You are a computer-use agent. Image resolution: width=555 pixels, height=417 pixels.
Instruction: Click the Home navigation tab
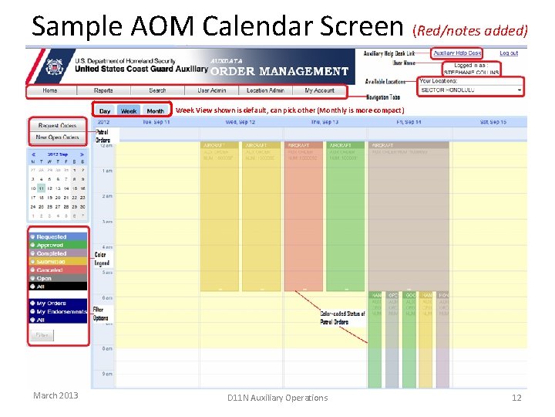[50, 90]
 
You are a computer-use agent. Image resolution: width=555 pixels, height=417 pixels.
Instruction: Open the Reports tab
[103, 90]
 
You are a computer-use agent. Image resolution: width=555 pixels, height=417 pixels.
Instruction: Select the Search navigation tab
[157, 90]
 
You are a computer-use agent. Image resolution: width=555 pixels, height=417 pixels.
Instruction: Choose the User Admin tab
[211, 90]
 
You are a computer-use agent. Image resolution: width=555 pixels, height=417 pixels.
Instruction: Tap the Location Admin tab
[265, 90]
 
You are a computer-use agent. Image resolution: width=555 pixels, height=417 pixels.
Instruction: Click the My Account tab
[319, 90]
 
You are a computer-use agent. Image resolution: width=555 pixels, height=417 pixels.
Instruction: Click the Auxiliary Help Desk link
[456, 53]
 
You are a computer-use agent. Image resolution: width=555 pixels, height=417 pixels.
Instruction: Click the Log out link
[509, 53]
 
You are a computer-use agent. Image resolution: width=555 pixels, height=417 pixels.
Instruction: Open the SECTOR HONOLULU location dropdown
[470, 90]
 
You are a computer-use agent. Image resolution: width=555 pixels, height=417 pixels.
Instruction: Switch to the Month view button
[155, 111]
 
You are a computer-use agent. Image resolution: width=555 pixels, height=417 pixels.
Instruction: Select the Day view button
[105, 111]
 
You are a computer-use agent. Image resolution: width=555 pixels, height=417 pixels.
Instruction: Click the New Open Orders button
[58, 137]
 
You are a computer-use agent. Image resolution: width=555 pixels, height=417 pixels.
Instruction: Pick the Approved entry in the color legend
[51, 246]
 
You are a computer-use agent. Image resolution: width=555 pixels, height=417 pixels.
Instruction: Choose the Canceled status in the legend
[50, 270]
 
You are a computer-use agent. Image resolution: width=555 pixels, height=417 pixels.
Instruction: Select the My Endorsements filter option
[61, 312]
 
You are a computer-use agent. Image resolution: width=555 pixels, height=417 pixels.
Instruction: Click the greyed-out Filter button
[42, 335]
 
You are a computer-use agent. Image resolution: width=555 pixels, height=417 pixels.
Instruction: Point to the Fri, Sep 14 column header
[408, 122]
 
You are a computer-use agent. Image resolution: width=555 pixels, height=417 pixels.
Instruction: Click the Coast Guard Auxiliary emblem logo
[53, 66]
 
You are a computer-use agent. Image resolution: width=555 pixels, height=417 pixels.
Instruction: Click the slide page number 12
[516, 397]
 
